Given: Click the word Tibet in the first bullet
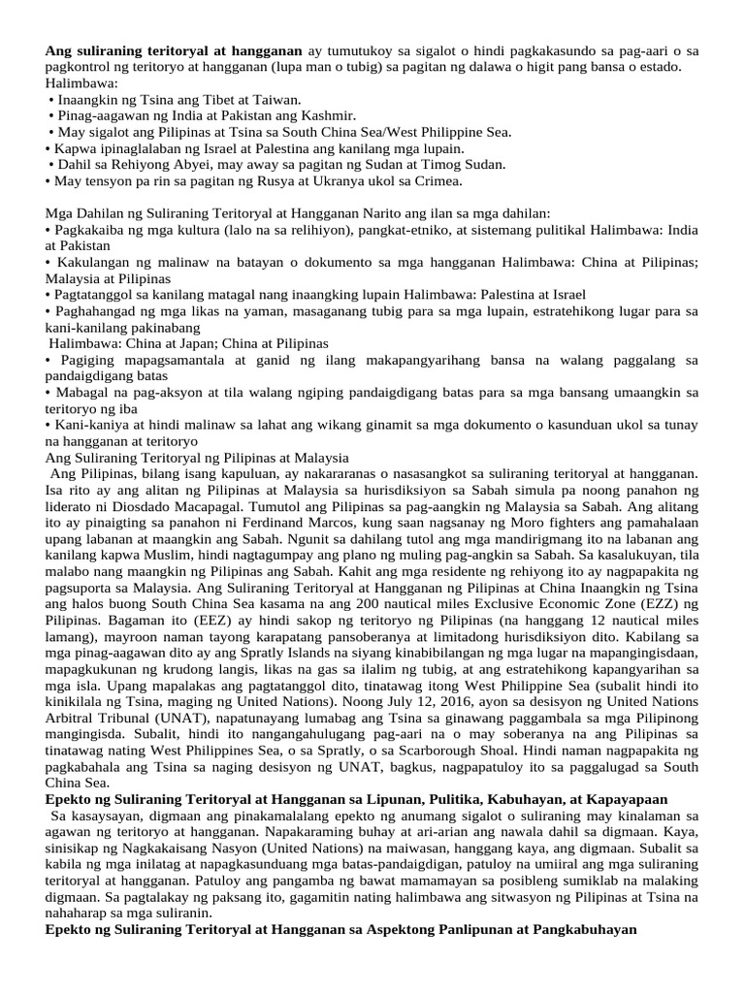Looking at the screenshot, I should pos(201,99).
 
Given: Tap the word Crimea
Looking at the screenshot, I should pos(438,180).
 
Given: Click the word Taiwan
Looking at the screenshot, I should pos(275,99).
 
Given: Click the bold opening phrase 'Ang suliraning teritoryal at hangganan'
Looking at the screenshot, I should pos(174,49).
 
